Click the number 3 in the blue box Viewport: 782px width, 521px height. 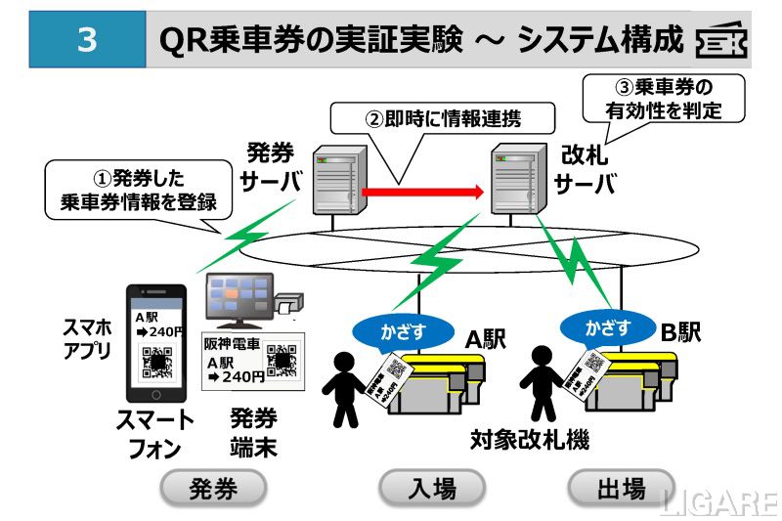coord(86,40)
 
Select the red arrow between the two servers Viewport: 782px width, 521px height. coord(423,193)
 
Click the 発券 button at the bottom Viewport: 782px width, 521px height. coord(213,488)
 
